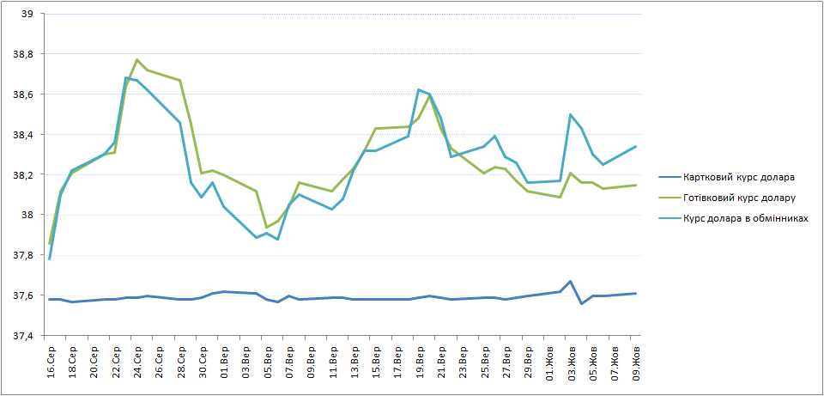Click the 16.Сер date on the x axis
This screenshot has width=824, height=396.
pyautogui.click(x=51, y=362)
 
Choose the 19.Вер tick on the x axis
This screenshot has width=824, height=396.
pyautogui.click(x=420, y=362)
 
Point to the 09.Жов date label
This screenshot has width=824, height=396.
pyautogui.click(x=636, y=362)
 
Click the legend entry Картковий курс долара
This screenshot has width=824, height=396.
pyautogui.click(x=738, y=177)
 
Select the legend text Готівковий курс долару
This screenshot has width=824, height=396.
pyautogui.click(x=740, y=198)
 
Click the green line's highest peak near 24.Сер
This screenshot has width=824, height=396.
pyautogui.click(x=136, y=59)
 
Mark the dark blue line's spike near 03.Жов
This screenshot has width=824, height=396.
pyautogui.click(x=570, y=282)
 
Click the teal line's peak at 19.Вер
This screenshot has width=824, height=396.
pyautogui.click(x=419, y=89)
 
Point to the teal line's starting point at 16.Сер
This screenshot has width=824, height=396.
pyautogui.click(x=50, y=259)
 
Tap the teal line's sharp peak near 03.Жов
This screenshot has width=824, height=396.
pyautogui.click(x=570, y=114)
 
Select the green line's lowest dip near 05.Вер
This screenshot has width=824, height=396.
pyautogui.click(x=266, y=227)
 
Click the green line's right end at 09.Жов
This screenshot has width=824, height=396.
pyautogui.click(x=636, y=186)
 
